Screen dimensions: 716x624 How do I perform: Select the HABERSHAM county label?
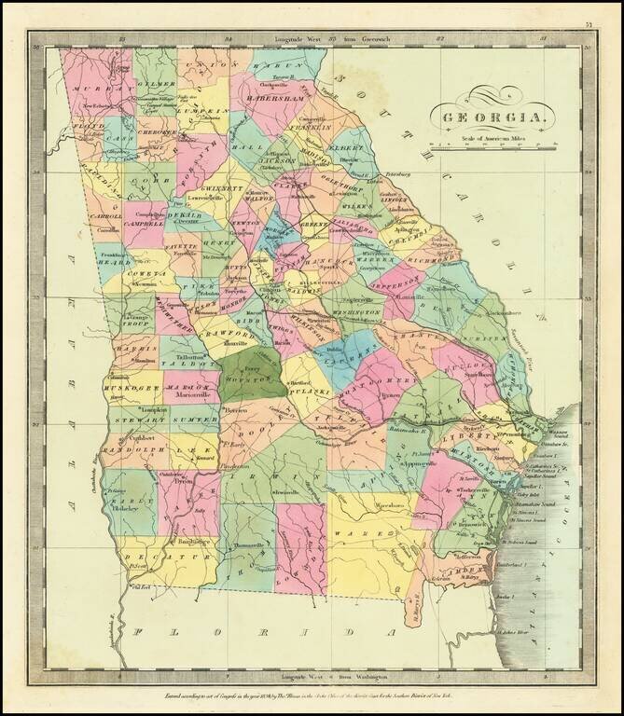[x=277, y=97]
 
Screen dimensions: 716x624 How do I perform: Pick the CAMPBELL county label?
[x=143, y=225]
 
